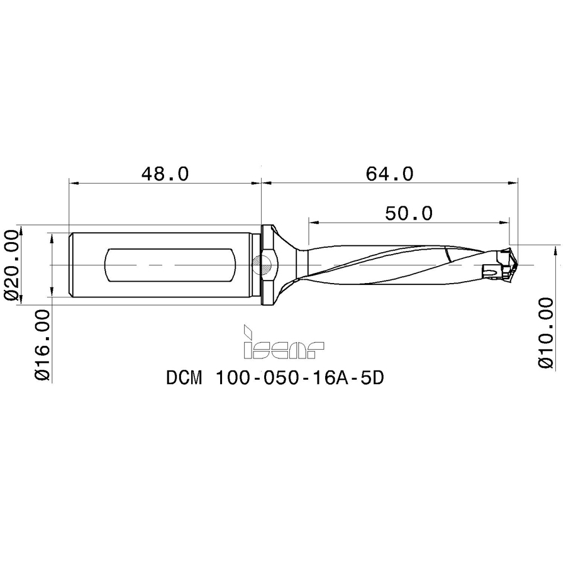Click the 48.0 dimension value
[x=164, y=174]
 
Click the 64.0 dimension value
[x=390, y=174]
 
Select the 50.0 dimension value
[x=409, y=213]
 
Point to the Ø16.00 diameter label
[x=43, y=345]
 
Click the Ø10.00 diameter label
[x=547, y=333]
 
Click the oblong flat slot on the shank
[x=170, y=265]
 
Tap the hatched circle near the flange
[x=264, y=265]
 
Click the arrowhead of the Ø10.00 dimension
[x=556, y=251]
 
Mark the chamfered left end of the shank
[x=71, y=265]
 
